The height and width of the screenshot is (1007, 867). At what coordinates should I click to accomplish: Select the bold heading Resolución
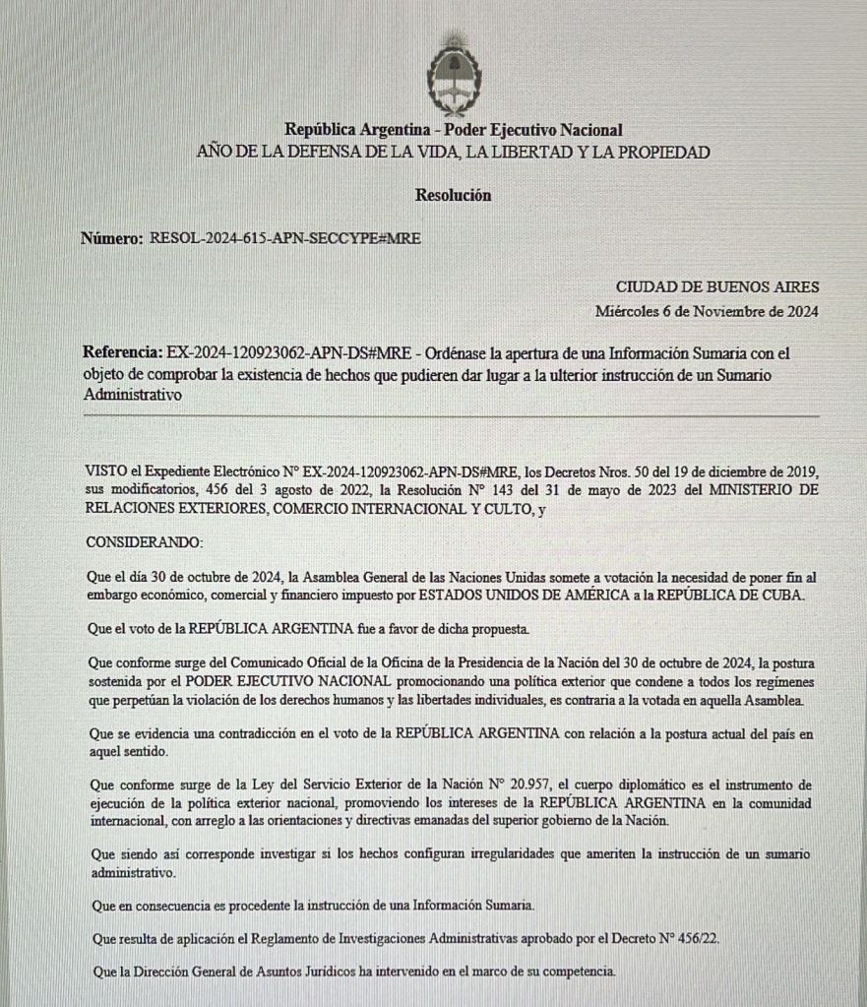(x=453, y=195)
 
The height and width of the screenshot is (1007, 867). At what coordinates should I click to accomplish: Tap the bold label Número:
(x=112, y=238)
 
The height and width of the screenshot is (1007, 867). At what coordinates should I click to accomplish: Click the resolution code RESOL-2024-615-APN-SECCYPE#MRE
(x=285, y=238)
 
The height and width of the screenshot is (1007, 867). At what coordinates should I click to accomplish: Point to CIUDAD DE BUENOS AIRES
(x=717, y=287)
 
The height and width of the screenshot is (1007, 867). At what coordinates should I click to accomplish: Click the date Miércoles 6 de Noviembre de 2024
(x=707, y=311)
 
